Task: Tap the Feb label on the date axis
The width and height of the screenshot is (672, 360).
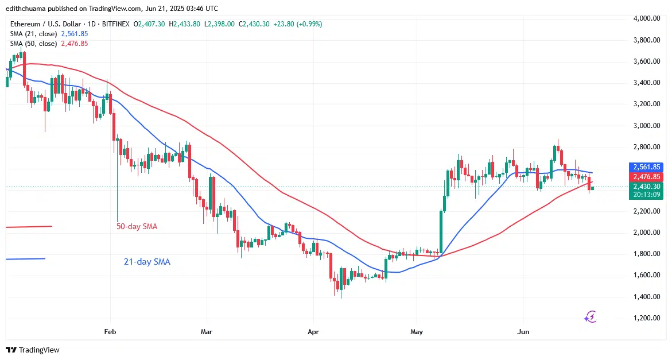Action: [110, 332]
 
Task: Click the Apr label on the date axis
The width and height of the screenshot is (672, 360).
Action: [313, 332]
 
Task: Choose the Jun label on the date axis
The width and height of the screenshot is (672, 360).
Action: [523, 332]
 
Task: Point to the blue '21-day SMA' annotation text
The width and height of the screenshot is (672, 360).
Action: [147, 262]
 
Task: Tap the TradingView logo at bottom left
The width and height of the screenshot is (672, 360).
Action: [33, 350]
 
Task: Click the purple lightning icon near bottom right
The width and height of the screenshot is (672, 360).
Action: [591, 316]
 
